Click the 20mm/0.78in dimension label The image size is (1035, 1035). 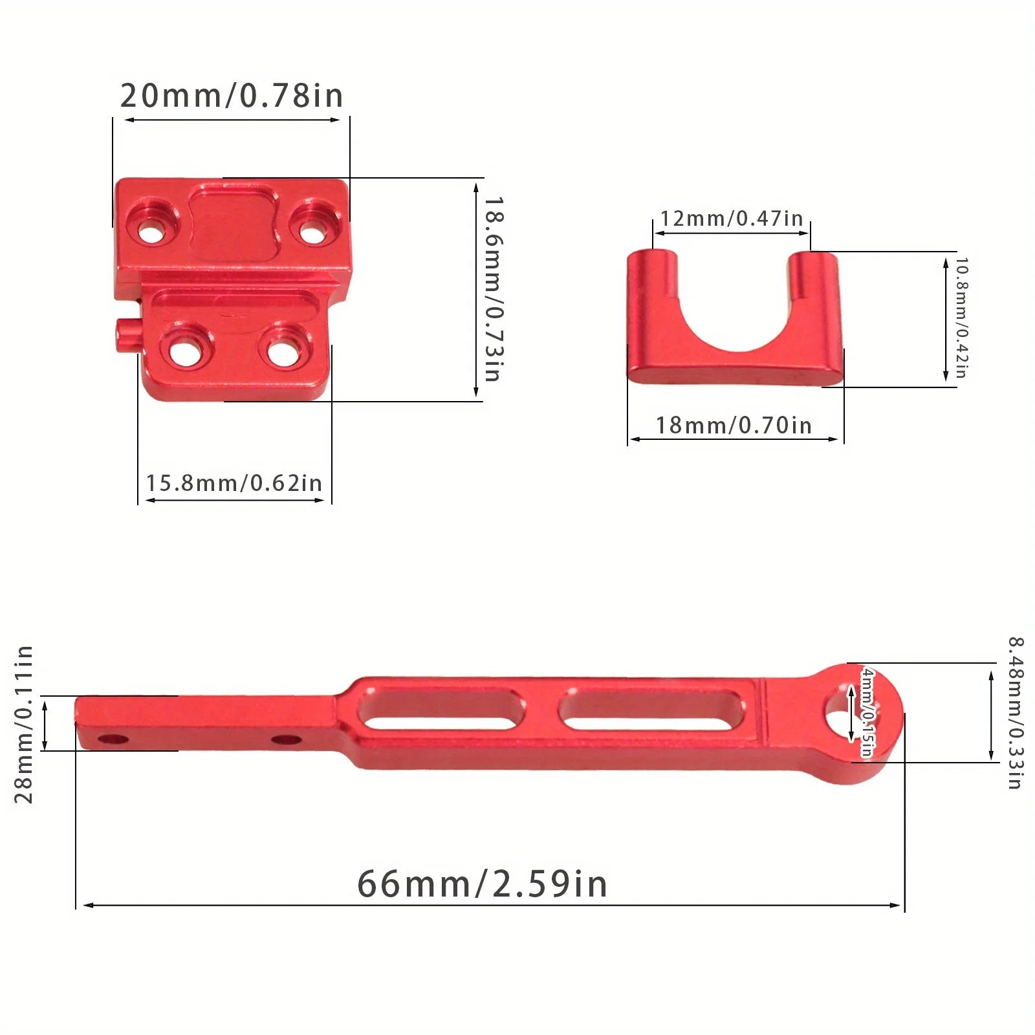coord(232,96)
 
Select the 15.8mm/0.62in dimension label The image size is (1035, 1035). coord(234,483)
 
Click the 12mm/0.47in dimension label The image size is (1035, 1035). coord(731,219)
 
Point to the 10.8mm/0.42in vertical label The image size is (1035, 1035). coord(961,318)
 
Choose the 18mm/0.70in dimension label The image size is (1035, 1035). coord(734,426)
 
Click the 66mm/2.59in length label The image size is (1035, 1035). coord(482,884)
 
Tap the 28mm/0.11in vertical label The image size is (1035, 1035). coord(23,724)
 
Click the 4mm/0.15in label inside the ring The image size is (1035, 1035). coord(866,712)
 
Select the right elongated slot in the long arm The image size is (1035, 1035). coord(651,710)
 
